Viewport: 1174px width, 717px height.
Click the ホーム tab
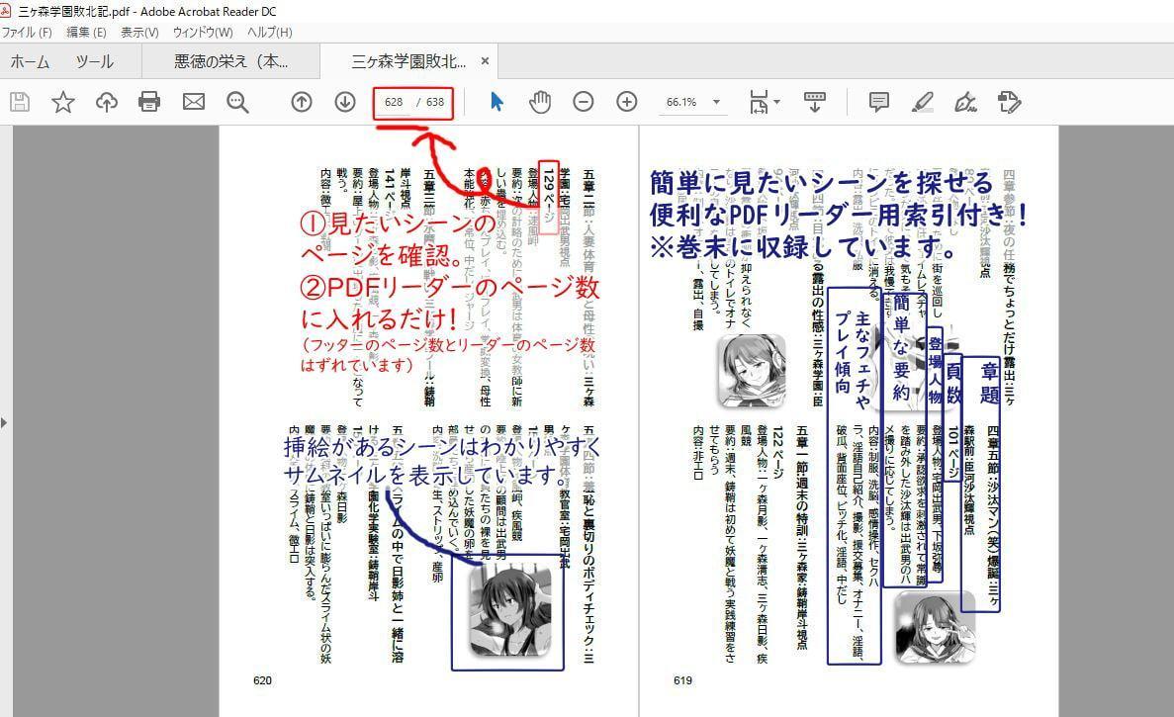30,61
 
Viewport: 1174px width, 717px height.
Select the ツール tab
95,61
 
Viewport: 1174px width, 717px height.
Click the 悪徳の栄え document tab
231,61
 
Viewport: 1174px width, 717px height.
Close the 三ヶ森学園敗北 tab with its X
486,61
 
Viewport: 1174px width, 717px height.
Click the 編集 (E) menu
86,32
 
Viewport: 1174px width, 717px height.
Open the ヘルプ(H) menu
270,32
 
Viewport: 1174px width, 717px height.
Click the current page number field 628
394,102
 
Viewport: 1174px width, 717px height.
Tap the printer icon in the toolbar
149,101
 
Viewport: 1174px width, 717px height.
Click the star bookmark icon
63,101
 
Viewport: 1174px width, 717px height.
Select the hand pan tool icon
539,101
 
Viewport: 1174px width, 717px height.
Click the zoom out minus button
584,101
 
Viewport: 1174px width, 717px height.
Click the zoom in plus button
626,101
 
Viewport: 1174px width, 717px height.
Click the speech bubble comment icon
878,101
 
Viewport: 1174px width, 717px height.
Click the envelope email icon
193,101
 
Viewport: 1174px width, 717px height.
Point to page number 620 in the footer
262,680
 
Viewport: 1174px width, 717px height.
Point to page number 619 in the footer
682,680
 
